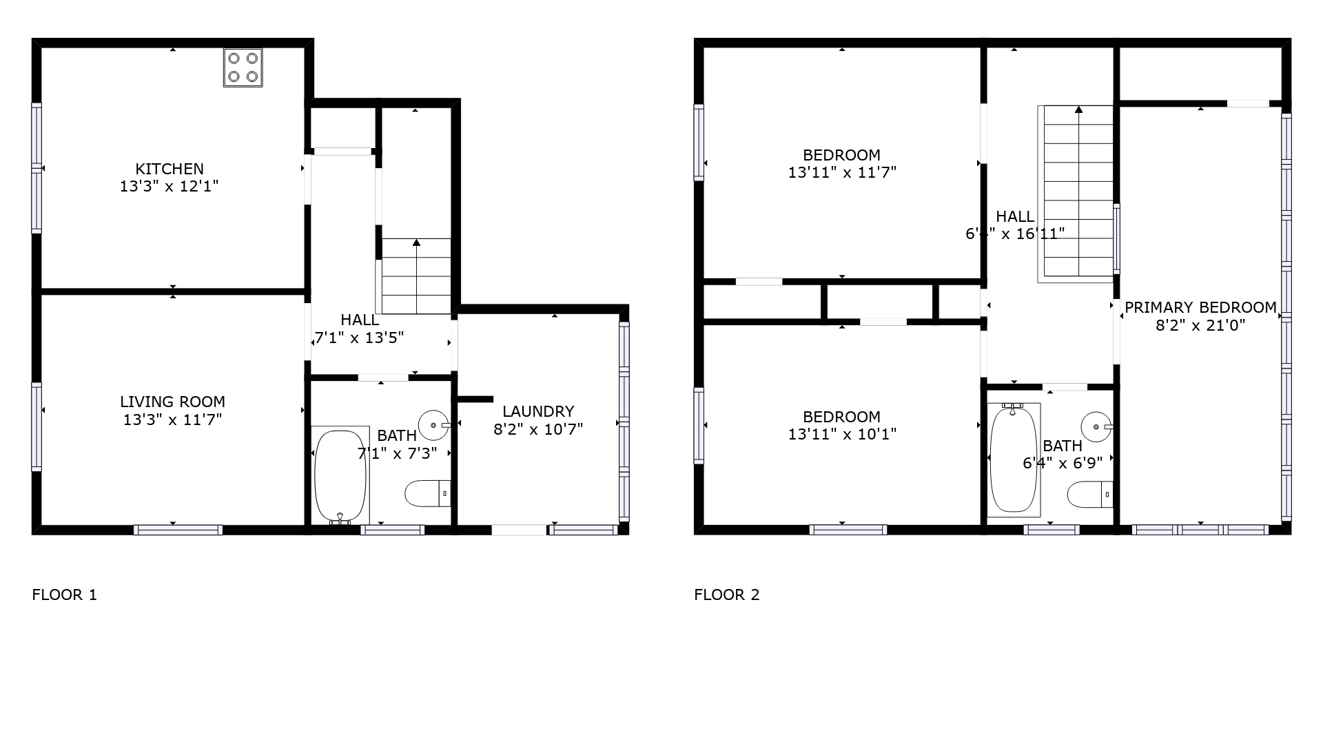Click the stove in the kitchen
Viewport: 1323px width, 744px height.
click(x=243, y=68)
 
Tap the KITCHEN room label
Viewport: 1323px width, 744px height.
click(x=170, y=169)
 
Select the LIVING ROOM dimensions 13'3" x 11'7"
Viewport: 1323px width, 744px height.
click(x=172, y=420)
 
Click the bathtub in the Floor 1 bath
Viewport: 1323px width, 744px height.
click(x=340, y=475)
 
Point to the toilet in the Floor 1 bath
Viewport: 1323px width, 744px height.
click(x=428, y=493)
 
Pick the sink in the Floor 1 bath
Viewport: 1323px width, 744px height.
click(x=434, y=426)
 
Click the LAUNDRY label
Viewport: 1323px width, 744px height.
click(x=538, y=411)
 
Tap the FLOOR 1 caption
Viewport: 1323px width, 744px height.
click(x=65, y=595)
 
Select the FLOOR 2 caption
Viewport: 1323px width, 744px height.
click(x=727, y=595)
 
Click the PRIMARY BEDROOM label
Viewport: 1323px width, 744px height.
click(x=1200, y=307)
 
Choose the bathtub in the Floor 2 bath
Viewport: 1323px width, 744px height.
click(x=1014, y=459)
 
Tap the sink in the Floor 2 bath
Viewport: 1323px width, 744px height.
click(x=1097, y=426)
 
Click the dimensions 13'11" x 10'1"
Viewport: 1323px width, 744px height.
click(x=842, y=434)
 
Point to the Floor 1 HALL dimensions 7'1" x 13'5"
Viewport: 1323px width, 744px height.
click(x=359, y=338)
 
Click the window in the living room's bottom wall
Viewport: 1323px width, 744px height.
click(x=178, y=530)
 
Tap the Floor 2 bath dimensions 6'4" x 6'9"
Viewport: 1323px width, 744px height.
click(x=1063, y=463)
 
